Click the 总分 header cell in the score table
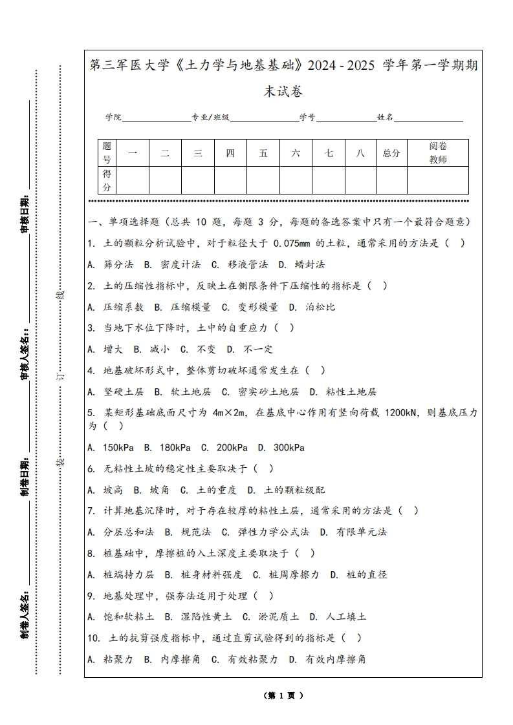point(391,153)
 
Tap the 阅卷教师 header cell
point(438,153)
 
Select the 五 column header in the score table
point(263,153)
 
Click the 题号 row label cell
point(107,153)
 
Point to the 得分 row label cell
point(107,180)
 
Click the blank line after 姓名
point(428,118)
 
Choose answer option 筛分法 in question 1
point(118,264)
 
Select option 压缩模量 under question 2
point(190,307)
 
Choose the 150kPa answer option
point(119,447)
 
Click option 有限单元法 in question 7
point(361,532)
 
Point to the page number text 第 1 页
point(283,696)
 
